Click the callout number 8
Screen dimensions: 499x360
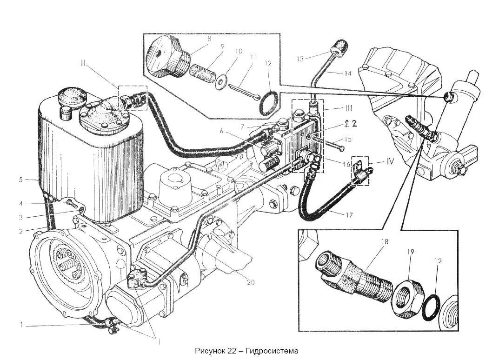(209, 40)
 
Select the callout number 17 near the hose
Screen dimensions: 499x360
(349, 215)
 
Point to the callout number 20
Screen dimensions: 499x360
(251, 282)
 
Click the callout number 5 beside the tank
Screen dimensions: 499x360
(20, 180)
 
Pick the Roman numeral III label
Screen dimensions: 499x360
(348, 108)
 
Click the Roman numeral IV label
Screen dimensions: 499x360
(390, 162)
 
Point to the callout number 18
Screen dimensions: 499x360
(385, 241)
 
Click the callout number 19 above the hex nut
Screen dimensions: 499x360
(411, 252)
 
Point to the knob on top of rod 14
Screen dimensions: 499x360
(339, 48)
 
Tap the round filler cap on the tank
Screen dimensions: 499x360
(72, 97)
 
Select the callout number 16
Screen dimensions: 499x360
(346, 164)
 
